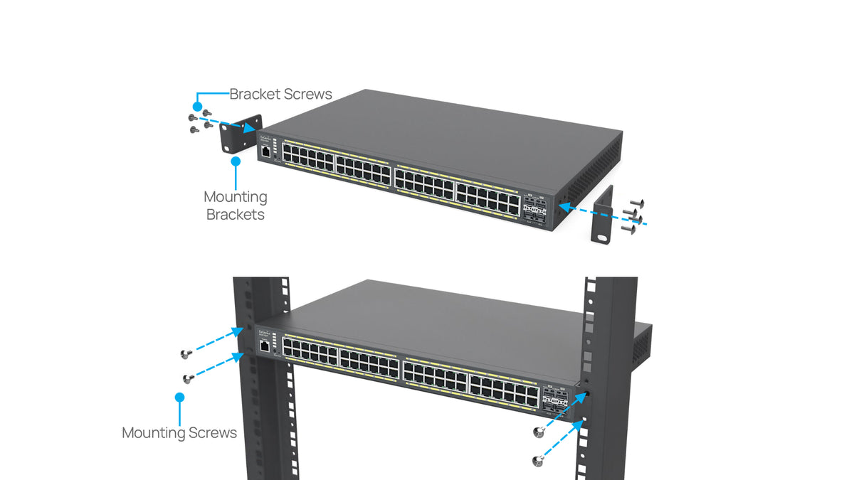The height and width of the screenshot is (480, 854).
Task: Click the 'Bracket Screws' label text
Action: point(280,94)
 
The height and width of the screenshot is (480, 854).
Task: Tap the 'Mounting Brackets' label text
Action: point(235,206)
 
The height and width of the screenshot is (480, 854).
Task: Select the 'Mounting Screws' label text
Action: point(179,432)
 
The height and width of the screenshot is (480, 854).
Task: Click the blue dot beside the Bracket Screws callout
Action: point(196,104)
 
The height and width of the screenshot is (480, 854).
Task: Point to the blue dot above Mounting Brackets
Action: point(236,161)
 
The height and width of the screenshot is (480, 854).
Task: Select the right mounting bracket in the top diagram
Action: point(603,214)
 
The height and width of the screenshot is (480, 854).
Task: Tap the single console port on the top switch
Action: point(265,151)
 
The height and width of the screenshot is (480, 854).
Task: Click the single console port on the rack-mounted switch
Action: point(265,346)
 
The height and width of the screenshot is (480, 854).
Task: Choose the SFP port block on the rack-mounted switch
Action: point(555,400)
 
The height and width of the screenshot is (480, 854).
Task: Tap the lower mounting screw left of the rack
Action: point(189,378)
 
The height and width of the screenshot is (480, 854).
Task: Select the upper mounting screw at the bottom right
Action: point(537,432)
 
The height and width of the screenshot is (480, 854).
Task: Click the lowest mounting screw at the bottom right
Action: point(537,461)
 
